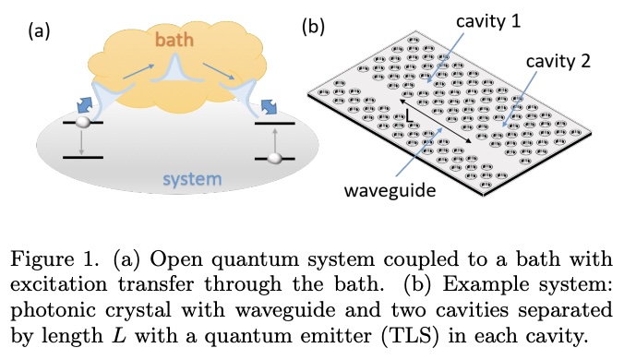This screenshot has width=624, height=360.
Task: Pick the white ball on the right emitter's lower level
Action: click(x=274, y=159)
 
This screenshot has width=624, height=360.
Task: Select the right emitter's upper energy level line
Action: click(x=275, y=123)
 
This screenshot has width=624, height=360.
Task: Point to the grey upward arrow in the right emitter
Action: click(x=274, y=140)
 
